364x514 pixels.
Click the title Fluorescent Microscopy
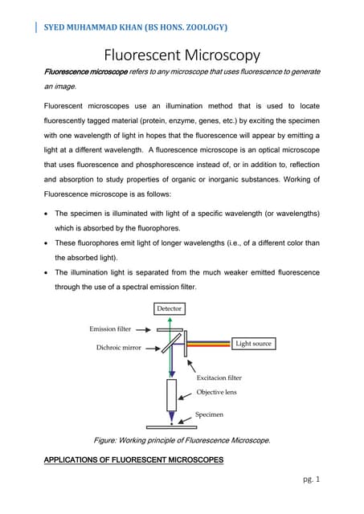(x=182, y=56)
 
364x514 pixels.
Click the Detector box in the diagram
(x=169, y=308)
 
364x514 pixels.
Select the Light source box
(x=253, y=344)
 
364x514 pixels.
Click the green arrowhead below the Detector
(x=170, y=320)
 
